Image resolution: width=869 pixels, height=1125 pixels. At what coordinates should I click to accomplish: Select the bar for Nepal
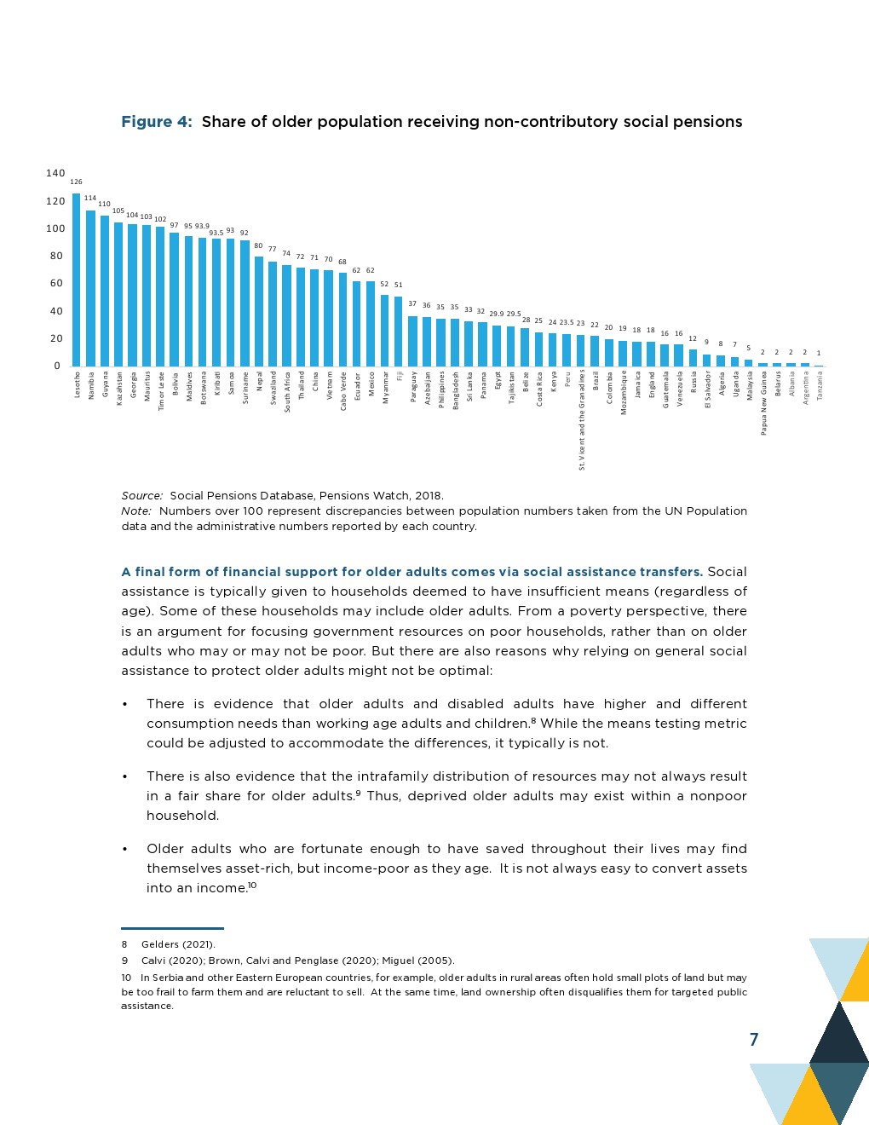(259, 311)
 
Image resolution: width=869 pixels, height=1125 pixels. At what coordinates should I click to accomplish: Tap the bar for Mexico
(371, 324)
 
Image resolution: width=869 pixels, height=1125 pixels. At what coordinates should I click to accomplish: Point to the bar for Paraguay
(412, 341)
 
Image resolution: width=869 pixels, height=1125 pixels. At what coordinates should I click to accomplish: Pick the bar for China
(314, 318)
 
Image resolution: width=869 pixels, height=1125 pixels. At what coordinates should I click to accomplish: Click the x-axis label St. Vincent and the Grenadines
(582, 419)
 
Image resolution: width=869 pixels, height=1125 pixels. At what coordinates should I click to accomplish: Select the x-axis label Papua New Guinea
(764, 403)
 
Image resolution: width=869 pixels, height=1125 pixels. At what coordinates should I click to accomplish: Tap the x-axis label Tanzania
(820, 385)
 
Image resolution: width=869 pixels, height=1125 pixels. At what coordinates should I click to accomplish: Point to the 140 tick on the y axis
(55, 173)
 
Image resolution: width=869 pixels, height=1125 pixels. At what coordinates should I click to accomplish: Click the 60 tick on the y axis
(56, 283)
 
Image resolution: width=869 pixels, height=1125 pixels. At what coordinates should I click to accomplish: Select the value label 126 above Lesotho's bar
(76, 182)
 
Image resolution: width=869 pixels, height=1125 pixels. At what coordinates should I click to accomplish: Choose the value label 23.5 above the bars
(567, 323)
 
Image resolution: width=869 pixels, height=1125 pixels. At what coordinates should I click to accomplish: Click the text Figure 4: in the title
(157, 122)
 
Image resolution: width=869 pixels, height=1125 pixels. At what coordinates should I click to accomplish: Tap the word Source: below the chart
(141, 495)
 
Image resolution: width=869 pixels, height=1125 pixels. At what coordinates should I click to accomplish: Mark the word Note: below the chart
(136, 511)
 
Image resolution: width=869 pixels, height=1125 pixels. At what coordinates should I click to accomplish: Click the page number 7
(753, 1039)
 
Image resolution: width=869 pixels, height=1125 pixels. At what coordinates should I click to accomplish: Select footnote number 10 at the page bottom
(126, 978)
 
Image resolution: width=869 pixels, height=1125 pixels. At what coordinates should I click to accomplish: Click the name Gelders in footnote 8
(160, 944)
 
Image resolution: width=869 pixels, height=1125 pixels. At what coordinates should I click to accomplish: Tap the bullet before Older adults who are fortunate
(125, 849)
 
